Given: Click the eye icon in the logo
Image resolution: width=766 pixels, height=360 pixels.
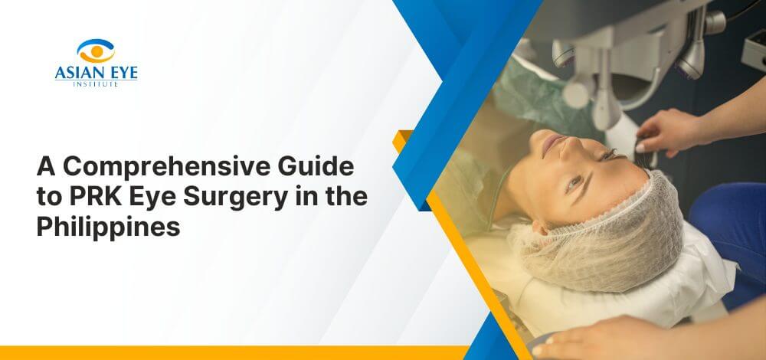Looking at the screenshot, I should click(x=95, y=51).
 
